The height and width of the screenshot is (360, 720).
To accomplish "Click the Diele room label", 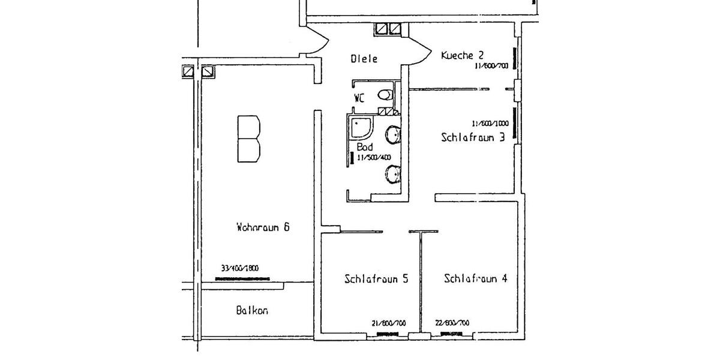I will click(x=364, y=59).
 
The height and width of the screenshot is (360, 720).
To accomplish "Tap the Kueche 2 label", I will click(x=463, y=55).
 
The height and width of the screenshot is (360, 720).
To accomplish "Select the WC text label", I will click(x=359, y=98).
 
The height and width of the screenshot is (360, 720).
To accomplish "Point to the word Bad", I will click(x=364, y=146).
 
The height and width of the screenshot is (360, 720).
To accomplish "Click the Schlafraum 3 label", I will click(x=473, y=137).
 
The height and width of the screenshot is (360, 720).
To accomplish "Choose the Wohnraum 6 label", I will click(x=263, y=227).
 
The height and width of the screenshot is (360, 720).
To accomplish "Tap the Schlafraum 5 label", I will click(x=377, y=278).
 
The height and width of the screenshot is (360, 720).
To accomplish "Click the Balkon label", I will click(x=252, y=311).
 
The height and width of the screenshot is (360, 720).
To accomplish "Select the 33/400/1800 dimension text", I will click(x=240, y=269).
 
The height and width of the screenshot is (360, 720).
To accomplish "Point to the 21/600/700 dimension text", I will click(x=389, y=323).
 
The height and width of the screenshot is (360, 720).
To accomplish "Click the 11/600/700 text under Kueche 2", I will click(x=492, y=66).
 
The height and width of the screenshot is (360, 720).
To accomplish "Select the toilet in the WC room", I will click(x=386, y=94).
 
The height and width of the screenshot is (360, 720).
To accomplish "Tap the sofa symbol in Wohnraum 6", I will click(x=249, y=139).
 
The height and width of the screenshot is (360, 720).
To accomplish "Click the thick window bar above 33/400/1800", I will click(x=243, y=278).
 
